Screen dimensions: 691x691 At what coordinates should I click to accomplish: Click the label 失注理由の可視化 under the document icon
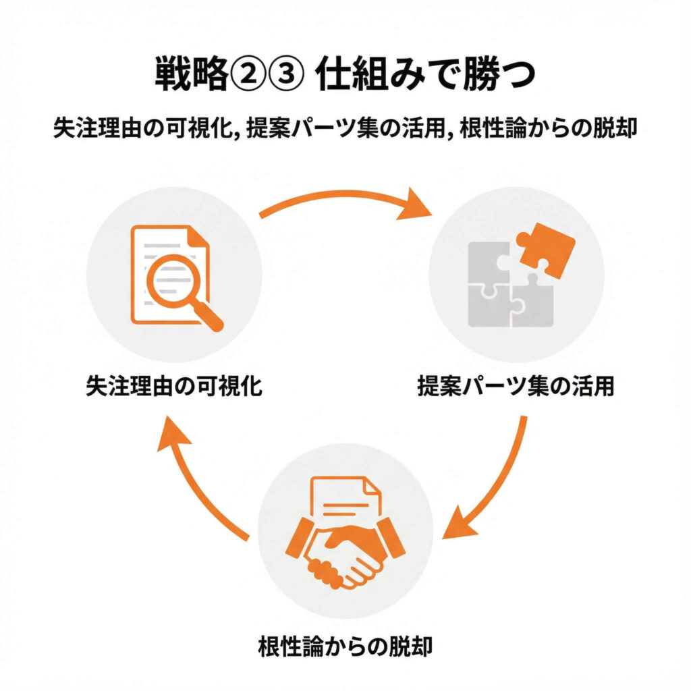coord(174,388)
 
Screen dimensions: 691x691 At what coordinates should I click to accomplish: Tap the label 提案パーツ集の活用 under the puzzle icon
coord(516,388)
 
